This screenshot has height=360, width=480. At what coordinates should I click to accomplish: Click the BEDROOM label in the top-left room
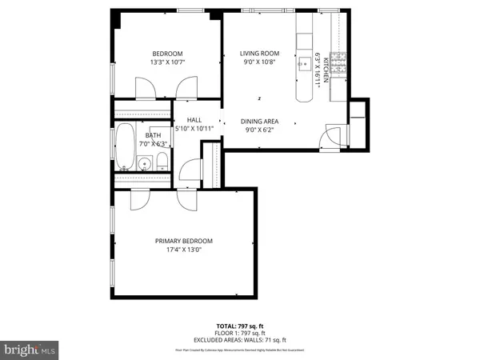[x=167, y=54]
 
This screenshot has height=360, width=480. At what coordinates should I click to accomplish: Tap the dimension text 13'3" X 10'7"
[x=167, y=63]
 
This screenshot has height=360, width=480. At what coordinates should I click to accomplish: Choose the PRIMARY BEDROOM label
[x=184, y=240]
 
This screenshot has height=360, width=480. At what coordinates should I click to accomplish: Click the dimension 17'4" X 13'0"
[x=184, y=249]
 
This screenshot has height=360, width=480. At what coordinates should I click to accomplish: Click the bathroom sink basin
[x=144, y=165]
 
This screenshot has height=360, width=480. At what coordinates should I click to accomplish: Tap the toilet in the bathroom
[x=161, y=163]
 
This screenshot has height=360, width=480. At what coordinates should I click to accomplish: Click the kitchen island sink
[x=305, y=65]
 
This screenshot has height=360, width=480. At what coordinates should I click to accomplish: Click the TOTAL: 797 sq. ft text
[x=239, y=326]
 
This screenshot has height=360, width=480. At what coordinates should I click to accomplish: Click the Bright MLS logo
[x=30, y=350]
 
